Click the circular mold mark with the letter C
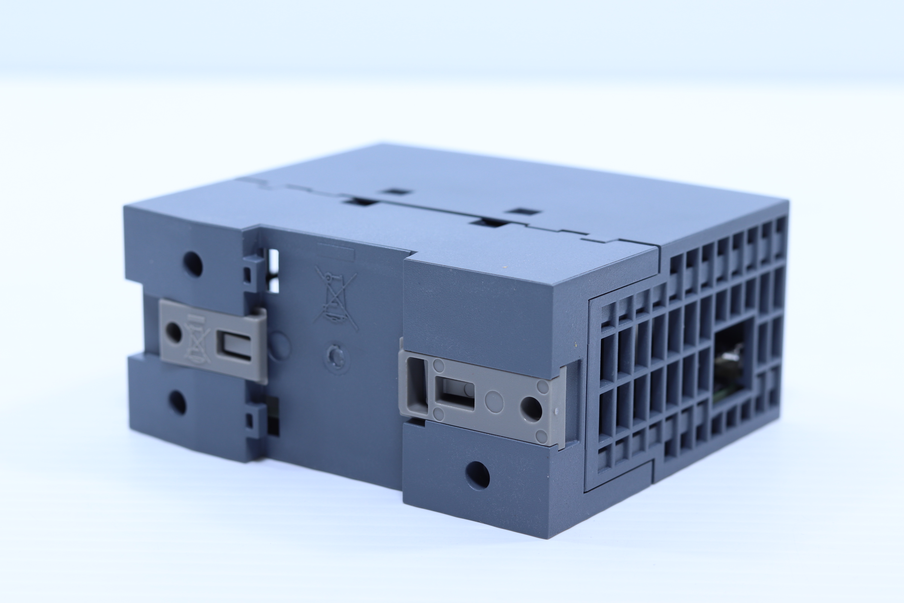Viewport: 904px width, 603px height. click(x=337, y=358)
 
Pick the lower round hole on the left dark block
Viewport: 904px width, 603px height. click(x=177, y=402)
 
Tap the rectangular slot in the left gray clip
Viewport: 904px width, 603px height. click(x=235, y=346)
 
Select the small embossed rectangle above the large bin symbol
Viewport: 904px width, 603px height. click(x=335, y=254)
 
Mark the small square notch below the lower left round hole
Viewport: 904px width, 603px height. click(x=249, y=422)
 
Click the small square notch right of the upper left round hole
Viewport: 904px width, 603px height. click(x=248, y=275)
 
